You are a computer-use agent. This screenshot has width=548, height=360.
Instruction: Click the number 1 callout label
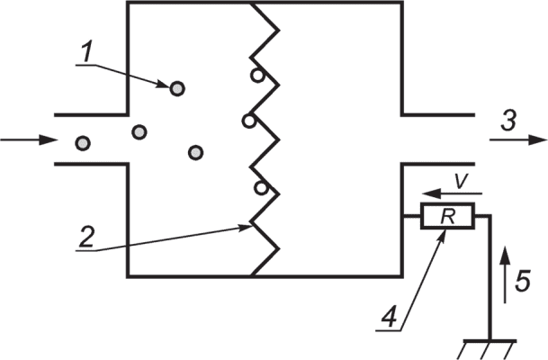[86, 51]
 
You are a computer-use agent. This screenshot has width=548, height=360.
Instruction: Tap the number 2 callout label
[86, 237]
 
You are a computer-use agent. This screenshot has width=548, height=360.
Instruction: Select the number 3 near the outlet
[508, 121]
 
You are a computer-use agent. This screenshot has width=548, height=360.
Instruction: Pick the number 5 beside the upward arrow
[523, 281]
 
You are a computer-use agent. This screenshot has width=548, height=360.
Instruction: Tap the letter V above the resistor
[461, 182]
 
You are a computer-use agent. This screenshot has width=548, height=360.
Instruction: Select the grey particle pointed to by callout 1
[177, 89]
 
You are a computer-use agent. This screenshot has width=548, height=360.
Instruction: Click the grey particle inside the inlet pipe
[83, 143]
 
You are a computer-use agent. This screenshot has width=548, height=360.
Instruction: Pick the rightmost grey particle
[195, 152]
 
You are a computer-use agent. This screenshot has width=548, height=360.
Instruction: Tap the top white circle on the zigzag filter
[257, 76]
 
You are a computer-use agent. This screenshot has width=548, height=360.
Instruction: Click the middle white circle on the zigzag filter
[248, 121]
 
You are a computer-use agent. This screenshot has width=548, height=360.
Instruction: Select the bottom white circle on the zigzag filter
[261, 188]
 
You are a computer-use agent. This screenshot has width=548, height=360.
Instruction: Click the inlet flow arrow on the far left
[29, 140]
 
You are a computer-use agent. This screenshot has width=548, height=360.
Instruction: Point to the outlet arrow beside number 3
[518, 139]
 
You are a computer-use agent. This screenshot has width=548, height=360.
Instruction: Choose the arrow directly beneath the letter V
[452, 193]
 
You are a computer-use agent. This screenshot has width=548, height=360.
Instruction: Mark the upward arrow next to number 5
[504, 274]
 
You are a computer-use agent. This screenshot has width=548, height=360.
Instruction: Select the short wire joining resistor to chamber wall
[412, 216]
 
